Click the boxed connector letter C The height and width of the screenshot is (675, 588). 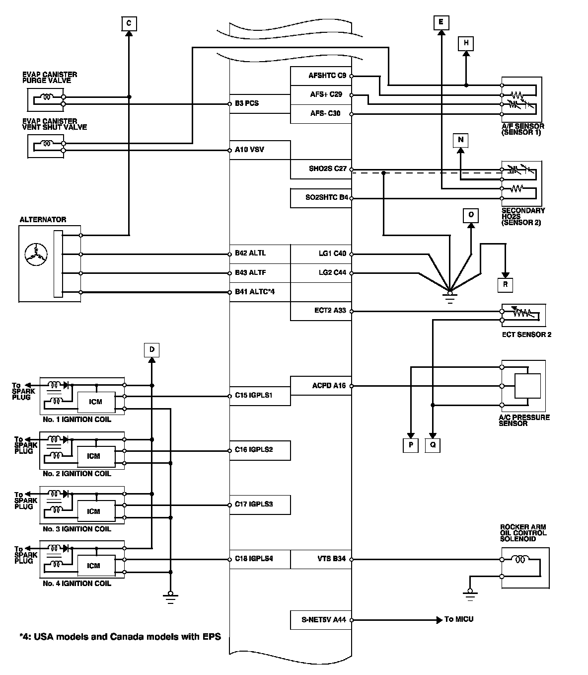(x=129, y=23)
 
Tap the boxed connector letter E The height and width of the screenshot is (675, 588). (x=441, y=22)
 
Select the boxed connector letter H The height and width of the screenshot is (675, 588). (x=466, y=43)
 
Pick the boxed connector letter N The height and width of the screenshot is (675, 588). (x=460, y=140)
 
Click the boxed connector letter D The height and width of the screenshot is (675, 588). (x=152, y=350)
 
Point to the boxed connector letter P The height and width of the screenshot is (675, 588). (x=411, y=445)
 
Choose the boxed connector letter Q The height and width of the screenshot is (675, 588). (x=433, y=445)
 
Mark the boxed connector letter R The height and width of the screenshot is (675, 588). (x=505, y=285)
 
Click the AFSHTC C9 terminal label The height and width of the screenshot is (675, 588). (x=327, y=76)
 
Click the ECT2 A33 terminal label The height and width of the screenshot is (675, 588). (x=330, y=311)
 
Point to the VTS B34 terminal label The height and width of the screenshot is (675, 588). (x=331, y=559)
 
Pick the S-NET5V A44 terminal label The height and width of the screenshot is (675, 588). (x=323, y=619)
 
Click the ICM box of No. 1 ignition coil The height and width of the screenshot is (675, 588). (x=95, y=402)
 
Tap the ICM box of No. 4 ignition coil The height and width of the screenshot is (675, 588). (x=95, y=566)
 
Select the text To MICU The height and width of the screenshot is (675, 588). (x=459, y=619)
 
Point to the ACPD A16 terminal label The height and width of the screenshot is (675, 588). (x=329, y=385)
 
